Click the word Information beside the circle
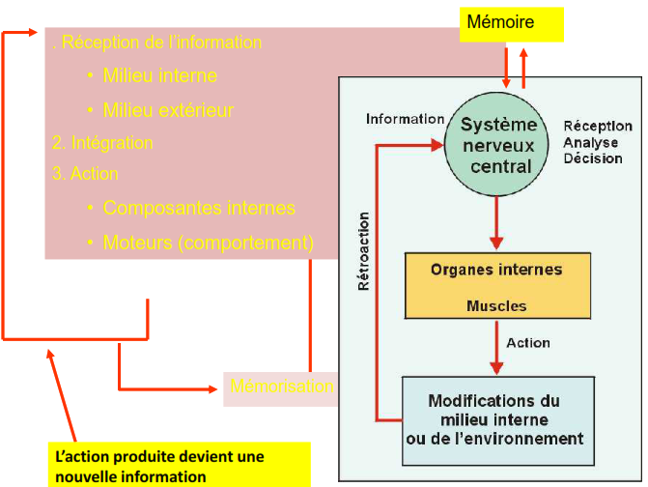tap(405, 119)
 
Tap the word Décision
tap(593, 158)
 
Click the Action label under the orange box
tap(527, 343)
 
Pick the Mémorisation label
tap(281, 387)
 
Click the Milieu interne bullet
tap(159, 75)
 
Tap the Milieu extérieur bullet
tap(168, 110)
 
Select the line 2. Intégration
tap(102, 142)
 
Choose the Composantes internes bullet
tap(198, 208)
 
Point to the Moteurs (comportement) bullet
tap(208, 243)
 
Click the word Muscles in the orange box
tap(496, 306)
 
